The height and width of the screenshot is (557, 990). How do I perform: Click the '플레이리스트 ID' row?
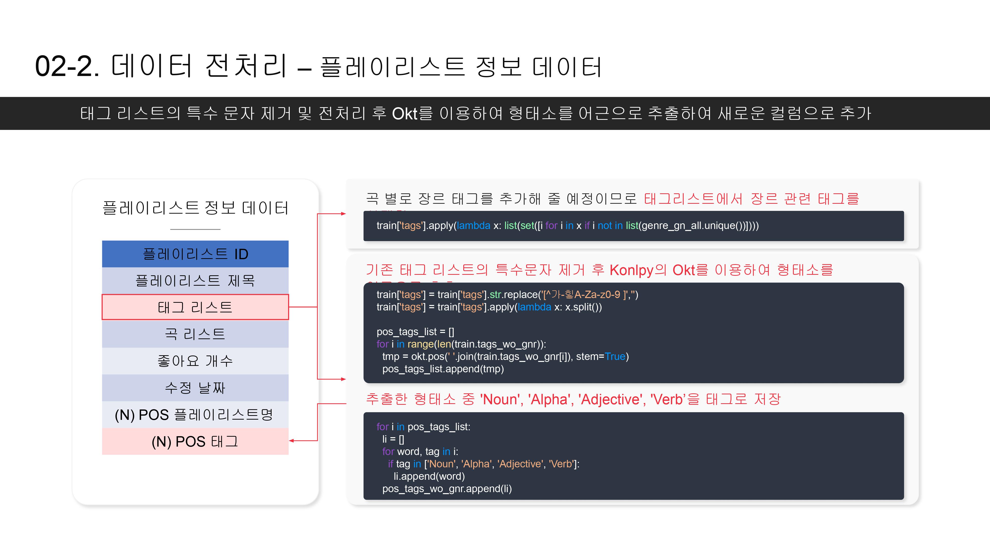point(195,254)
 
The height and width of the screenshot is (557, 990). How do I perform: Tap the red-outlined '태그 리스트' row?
point(195,307)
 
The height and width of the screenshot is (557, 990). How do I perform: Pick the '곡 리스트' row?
point(195,334)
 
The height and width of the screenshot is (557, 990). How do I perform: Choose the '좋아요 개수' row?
point(195,361)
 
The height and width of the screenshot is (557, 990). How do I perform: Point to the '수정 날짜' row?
point(195,387)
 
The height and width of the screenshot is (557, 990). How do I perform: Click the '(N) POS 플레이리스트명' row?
point(195,414)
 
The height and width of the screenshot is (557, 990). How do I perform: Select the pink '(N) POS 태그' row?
point(195,441)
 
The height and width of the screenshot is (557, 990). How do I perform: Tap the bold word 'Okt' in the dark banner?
point(404,114)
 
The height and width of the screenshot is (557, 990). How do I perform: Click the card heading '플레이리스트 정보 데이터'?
point(195,208)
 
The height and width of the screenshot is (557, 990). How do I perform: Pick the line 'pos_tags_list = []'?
point(415,332)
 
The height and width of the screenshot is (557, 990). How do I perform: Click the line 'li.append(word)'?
point(429,476)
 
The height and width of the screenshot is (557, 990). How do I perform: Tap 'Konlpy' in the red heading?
point(631,270)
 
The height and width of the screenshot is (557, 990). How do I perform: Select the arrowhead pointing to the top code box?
point(343,214)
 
